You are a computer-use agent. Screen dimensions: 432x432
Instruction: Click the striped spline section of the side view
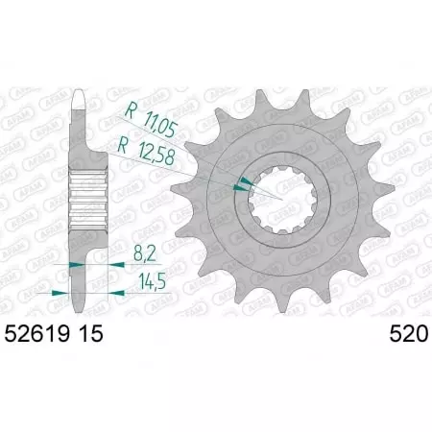pyautogui.click(x=86, y=198)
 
